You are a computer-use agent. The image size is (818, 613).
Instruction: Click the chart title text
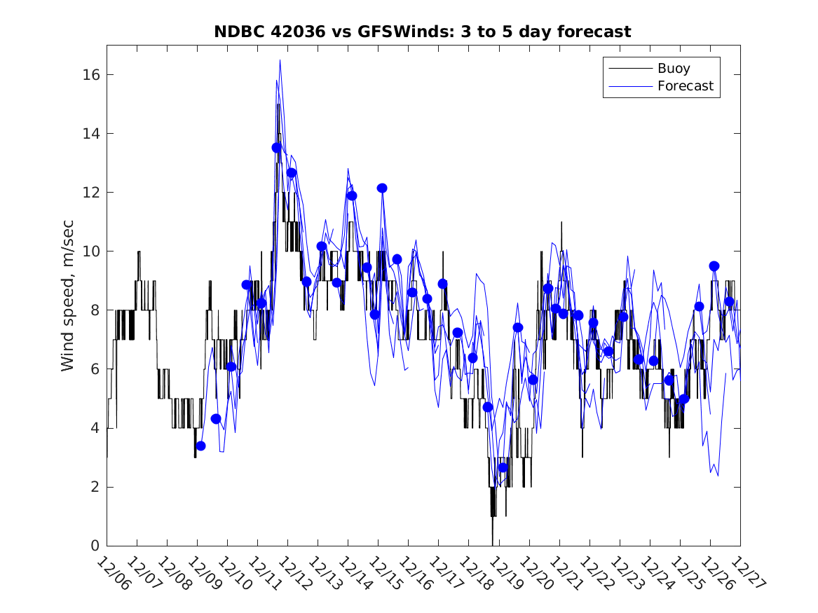422,32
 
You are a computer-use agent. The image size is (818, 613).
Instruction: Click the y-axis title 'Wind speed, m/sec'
67,295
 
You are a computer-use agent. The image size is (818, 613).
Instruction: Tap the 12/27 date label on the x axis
746,574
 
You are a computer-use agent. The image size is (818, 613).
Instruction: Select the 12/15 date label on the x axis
384,574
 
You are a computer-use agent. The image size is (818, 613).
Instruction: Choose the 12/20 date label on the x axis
535,574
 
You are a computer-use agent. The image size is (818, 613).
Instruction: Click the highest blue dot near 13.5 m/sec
277,147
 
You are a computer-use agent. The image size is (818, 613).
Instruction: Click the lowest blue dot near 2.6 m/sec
503,467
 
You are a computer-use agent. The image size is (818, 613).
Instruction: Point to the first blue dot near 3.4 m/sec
200,446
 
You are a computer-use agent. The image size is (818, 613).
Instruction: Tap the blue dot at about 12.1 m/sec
382,188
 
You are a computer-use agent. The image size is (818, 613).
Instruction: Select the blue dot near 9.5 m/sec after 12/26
714,266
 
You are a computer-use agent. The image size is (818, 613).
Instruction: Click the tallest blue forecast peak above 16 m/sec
280,60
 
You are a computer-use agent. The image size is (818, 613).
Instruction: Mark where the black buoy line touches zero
493,544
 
